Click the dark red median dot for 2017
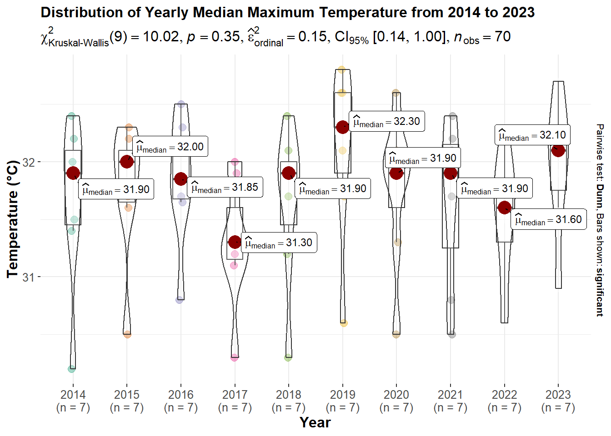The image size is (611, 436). (x=235, y=242)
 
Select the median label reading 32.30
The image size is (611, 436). (x=386, y=122)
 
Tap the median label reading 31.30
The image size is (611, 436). (x=279, y=243)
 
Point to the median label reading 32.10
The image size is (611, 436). (x=532, y=135)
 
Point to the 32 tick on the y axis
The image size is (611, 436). (x=28, y=163)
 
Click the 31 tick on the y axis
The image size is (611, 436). (x=28, y=277)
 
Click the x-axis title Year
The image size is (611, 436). (x=315, y=422)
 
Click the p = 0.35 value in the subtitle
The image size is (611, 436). (x=213, y=37)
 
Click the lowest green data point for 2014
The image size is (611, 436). (x=72, y=369)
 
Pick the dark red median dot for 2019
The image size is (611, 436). (x=343, y=127)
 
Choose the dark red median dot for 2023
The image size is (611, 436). (x=558, y=150)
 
